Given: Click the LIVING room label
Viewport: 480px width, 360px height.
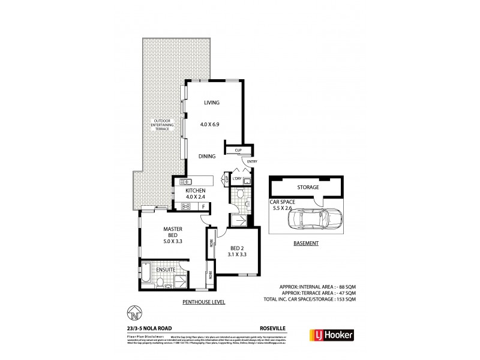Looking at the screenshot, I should tap(211, 103).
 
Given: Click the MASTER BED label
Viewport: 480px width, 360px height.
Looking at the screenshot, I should tap(177, 233).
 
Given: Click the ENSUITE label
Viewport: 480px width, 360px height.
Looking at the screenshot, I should tap(166, 271).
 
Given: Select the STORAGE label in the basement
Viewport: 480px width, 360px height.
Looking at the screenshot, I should tap(308, 187).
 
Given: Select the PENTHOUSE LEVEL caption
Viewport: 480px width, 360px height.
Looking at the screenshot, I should tap(203, 302).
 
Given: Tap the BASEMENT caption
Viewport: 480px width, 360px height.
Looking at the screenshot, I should tap(305, 244).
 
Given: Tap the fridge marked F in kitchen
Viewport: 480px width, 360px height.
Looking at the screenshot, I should tap(204, 207).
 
